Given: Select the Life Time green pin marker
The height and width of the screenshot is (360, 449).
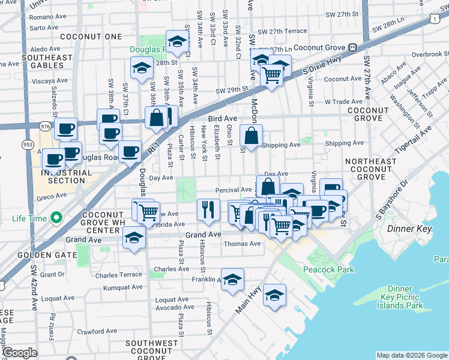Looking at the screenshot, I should point(56,217).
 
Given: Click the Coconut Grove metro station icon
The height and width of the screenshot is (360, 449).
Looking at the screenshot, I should point(353,48).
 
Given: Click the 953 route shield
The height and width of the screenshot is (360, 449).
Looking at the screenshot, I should point(27,144).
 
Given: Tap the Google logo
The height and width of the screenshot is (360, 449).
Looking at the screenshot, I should point(20,353).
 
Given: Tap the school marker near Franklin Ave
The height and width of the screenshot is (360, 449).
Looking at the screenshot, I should point(232,280).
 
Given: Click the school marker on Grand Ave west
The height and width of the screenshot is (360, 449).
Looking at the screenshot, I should point(133,238).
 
